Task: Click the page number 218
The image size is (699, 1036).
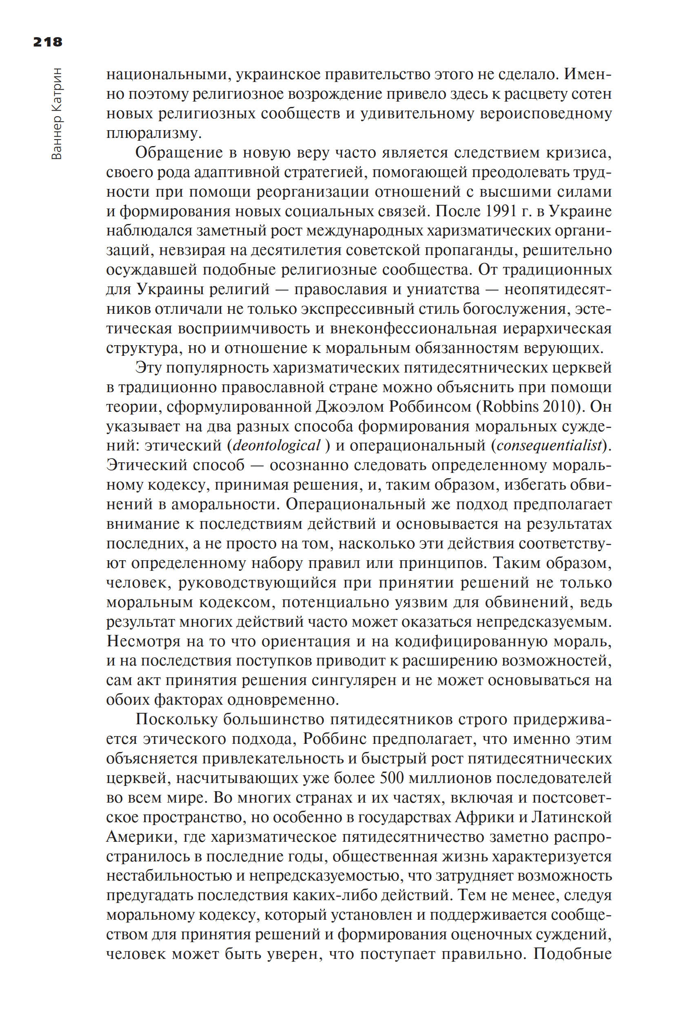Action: tap(48, 42)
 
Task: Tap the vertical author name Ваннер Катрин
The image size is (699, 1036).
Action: tap(57, 114)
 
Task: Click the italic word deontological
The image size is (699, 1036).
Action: tap(276, 445)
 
